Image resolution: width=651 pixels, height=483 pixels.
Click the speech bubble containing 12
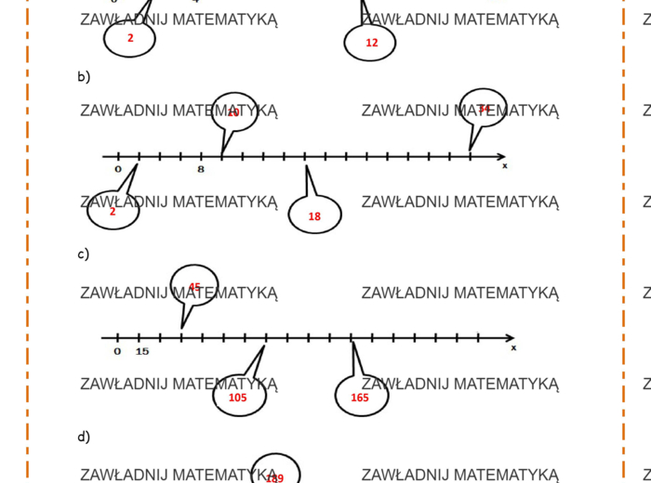370,43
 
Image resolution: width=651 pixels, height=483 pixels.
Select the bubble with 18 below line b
314,215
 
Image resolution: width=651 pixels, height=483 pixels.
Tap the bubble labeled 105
239,396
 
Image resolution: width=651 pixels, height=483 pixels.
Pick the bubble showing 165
361,397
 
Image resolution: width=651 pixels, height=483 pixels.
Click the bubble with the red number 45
194,287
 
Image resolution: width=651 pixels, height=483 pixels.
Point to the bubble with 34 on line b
483,109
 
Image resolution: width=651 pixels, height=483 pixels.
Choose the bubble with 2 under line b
113,211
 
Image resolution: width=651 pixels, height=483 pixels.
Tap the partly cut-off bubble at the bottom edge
275,472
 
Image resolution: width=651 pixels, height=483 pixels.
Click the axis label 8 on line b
201,169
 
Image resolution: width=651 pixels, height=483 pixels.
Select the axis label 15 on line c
141,351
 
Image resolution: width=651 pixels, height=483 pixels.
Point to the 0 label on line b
118,169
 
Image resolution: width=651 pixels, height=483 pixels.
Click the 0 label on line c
117,351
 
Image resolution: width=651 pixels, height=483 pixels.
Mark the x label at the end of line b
505,166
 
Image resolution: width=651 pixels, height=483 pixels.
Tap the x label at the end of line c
512,348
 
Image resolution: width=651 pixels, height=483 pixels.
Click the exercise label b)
84,77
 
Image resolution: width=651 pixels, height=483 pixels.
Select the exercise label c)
84,254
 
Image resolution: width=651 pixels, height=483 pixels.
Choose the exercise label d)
84,437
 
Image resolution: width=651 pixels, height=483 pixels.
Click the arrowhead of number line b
502,156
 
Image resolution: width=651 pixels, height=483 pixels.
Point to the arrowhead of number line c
510,337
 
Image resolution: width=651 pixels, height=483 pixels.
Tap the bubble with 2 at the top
129,38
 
